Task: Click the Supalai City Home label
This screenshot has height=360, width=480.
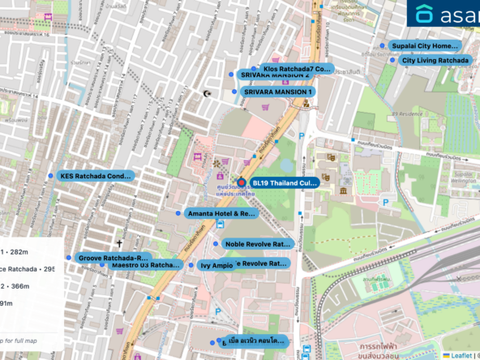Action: [424, 46]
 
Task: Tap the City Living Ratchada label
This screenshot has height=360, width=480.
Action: [435, 60]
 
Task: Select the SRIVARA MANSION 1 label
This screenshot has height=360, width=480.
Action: [277, 92]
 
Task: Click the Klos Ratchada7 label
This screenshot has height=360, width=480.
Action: [297, 69]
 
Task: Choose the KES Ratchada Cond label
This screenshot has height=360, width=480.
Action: [95, 175]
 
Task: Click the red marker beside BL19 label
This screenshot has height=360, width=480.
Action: [241, 182]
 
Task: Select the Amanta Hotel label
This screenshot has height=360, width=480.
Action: [221, 213]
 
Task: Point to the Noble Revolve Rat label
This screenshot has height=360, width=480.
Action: [256, 243]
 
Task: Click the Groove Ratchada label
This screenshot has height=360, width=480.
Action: [114, 257]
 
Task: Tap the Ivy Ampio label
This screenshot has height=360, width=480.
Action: [216, 265]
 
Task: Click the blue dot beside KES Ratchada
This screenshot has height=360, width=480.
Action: [51, 175]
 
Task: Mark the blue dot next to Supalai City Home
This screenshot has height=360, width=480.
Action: [382, 46]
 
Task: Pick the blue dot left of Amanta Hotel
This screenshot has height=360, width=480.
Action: [178, 213]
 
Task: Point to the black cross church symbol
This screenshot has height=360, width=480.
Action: [118, 242]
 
